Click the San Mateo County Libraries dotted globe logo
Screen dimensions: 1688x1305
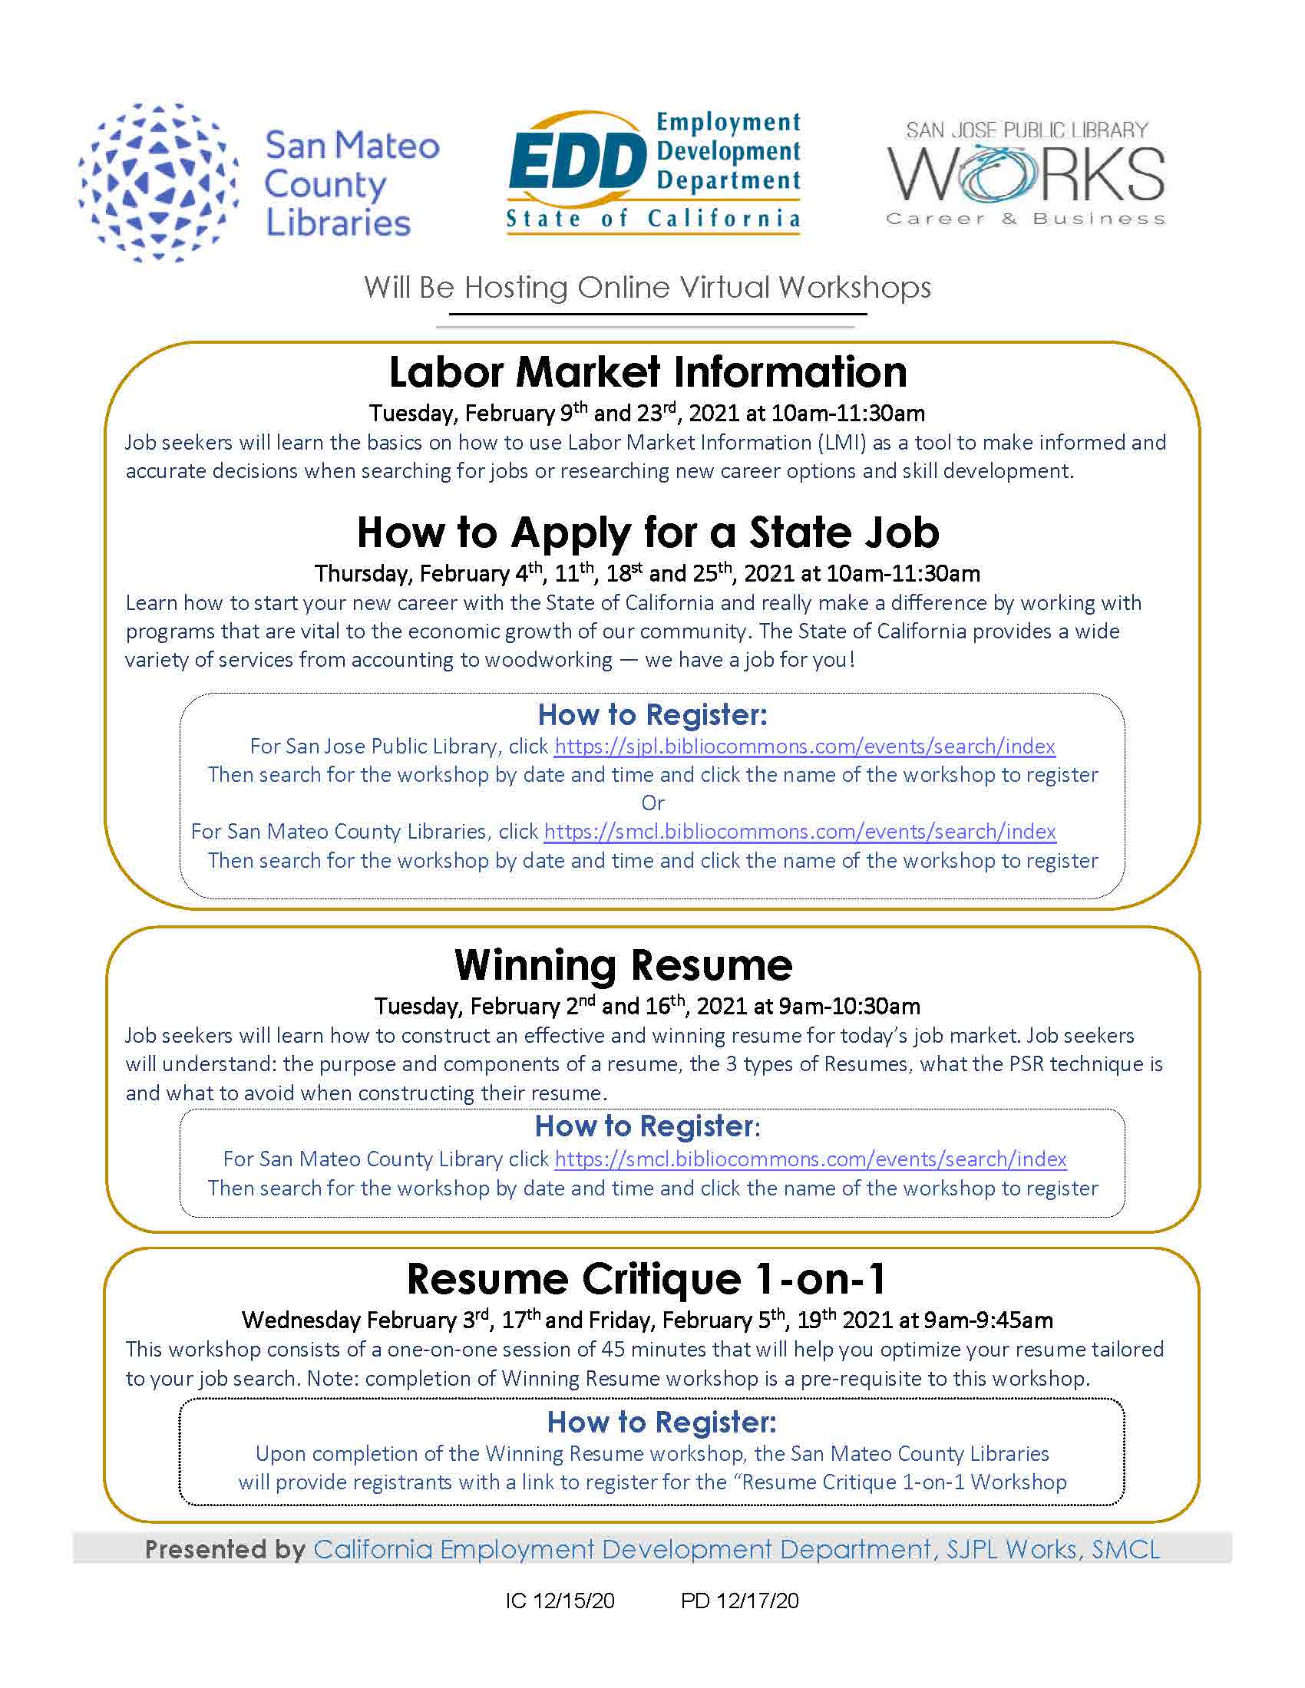point(158,183)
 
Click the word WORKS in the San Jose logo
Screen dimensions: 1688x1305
point(1025,176)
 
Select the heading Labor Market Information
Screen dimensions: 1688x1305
point(648,372)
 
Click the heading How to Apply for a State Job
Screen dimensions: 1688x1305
point(648,532)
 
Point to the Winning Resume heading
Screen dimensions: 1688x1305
point(623,964)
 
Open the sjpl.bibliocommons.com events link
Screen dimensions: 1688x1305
point(804,747)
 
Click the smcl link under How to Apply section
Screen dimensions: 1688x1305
point(799,832)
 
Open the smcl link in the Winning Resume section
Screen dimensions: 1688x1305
point(810,1159)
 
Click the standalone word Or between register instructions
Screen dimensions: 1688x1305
point(652,803)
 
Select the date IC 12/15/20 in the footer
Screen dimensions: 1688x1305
point(560,1601)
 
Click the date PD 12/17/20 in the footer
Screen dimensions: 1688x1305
point(739,1601)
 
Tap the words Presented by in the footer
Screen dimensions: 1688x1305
point(225,1550)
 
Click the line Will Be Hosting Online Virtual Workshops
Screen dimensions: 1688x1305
point(648,288)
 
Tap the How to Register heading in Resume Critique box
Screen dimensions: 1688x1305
point(662,1422)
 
